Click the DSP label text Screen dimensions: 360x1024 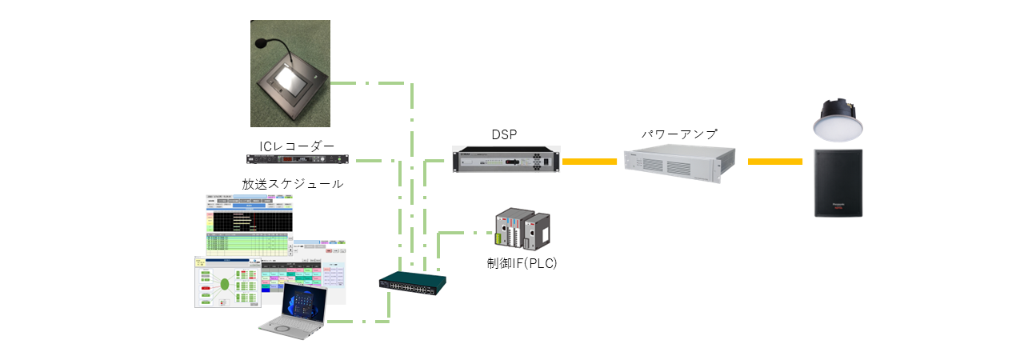click(506, 135)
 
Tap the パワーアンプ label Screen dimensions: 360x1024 click(679, 134)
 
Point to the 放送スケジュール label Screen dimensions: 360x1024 click(293, 183)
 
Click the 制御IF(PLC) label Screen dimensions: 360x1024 click(522, 262)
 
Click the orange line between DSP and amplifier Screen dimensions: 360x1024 click(593, 162)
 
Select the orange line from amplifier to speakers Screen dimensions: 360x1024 click(774, 162)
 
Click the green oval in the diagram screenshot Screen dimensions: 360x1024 click(226, 284)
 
